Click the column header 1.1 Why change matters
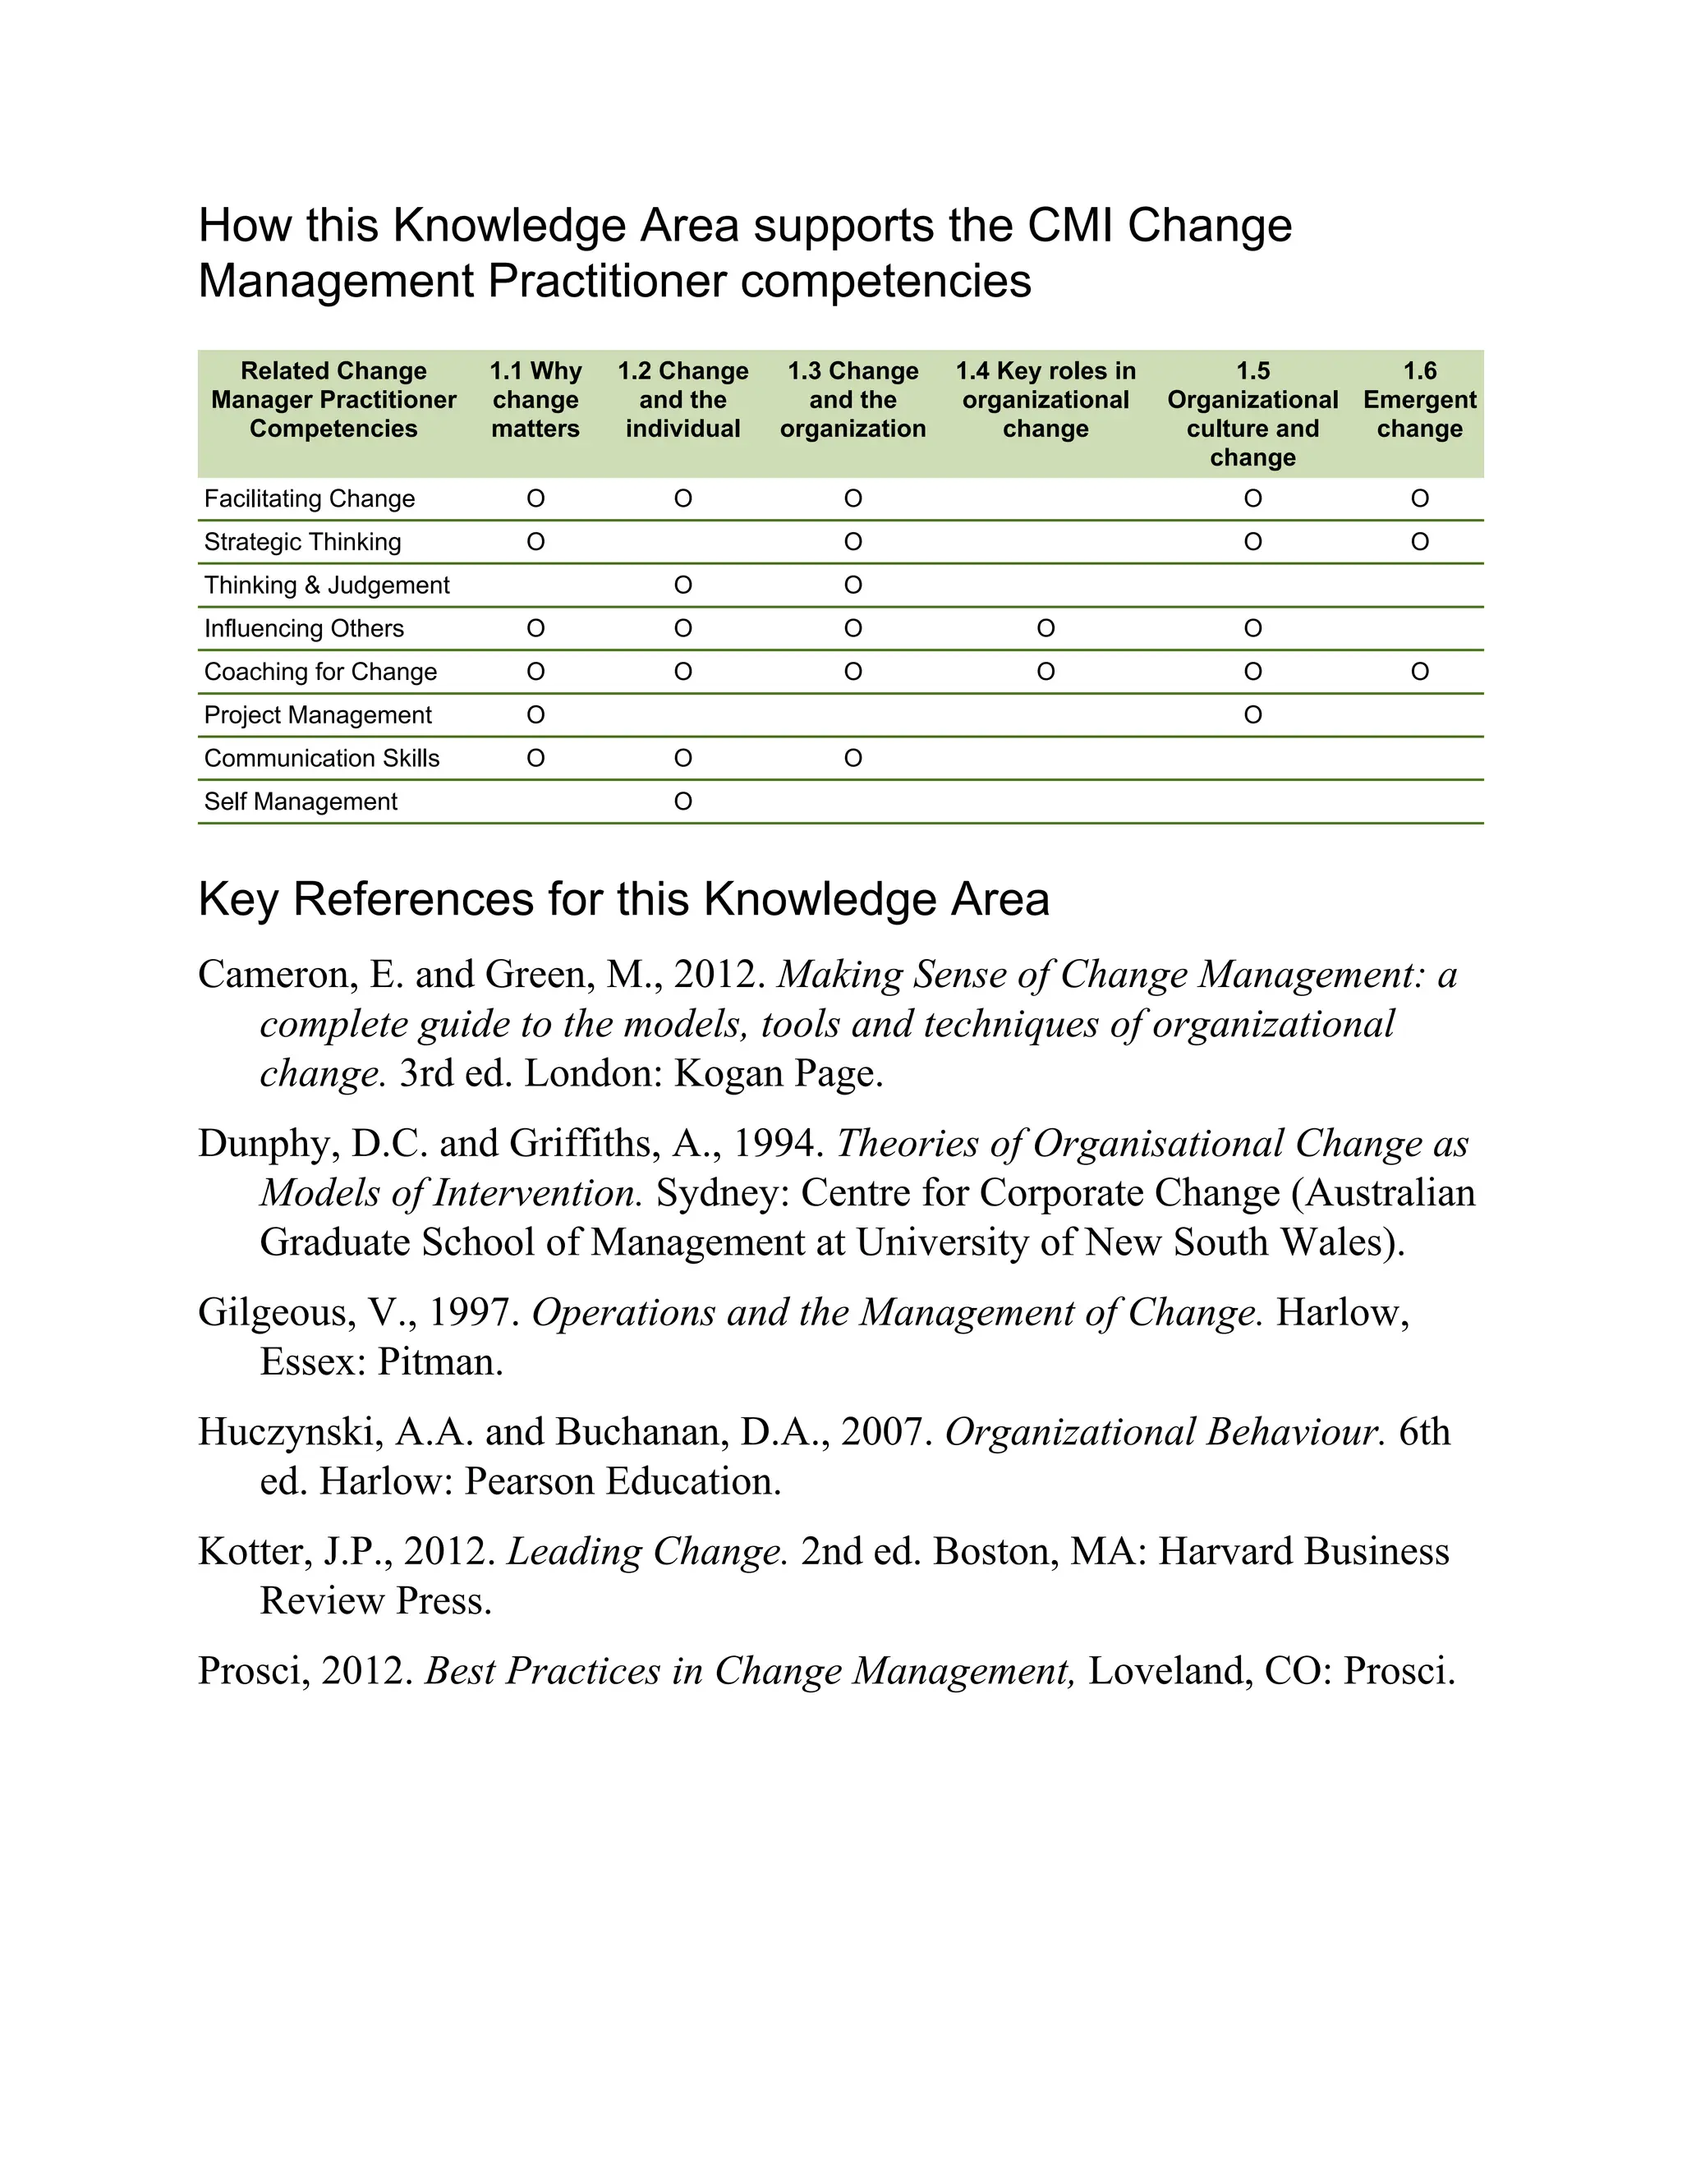(535, 400)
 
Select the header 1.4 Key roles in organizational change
(1046, 400)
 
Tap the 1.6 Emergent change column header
(1419, 400)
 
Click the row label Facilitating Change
(309, 498)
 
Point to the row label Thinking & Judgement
(327, 585)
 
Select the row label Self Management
(300, 801)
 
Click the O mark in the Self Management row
(682, 801)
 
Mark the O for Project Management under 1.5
(1252, 714)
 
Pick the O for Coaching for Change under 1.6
(1419, 672)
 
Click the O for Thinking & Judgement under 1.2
(682, 585)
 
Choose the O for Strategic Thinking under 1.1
(535, 542)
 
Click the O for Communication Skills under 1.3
(853, 758)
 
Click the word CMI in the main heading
(1070, 225)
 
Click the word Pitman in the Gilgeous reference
(439, 1362)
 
